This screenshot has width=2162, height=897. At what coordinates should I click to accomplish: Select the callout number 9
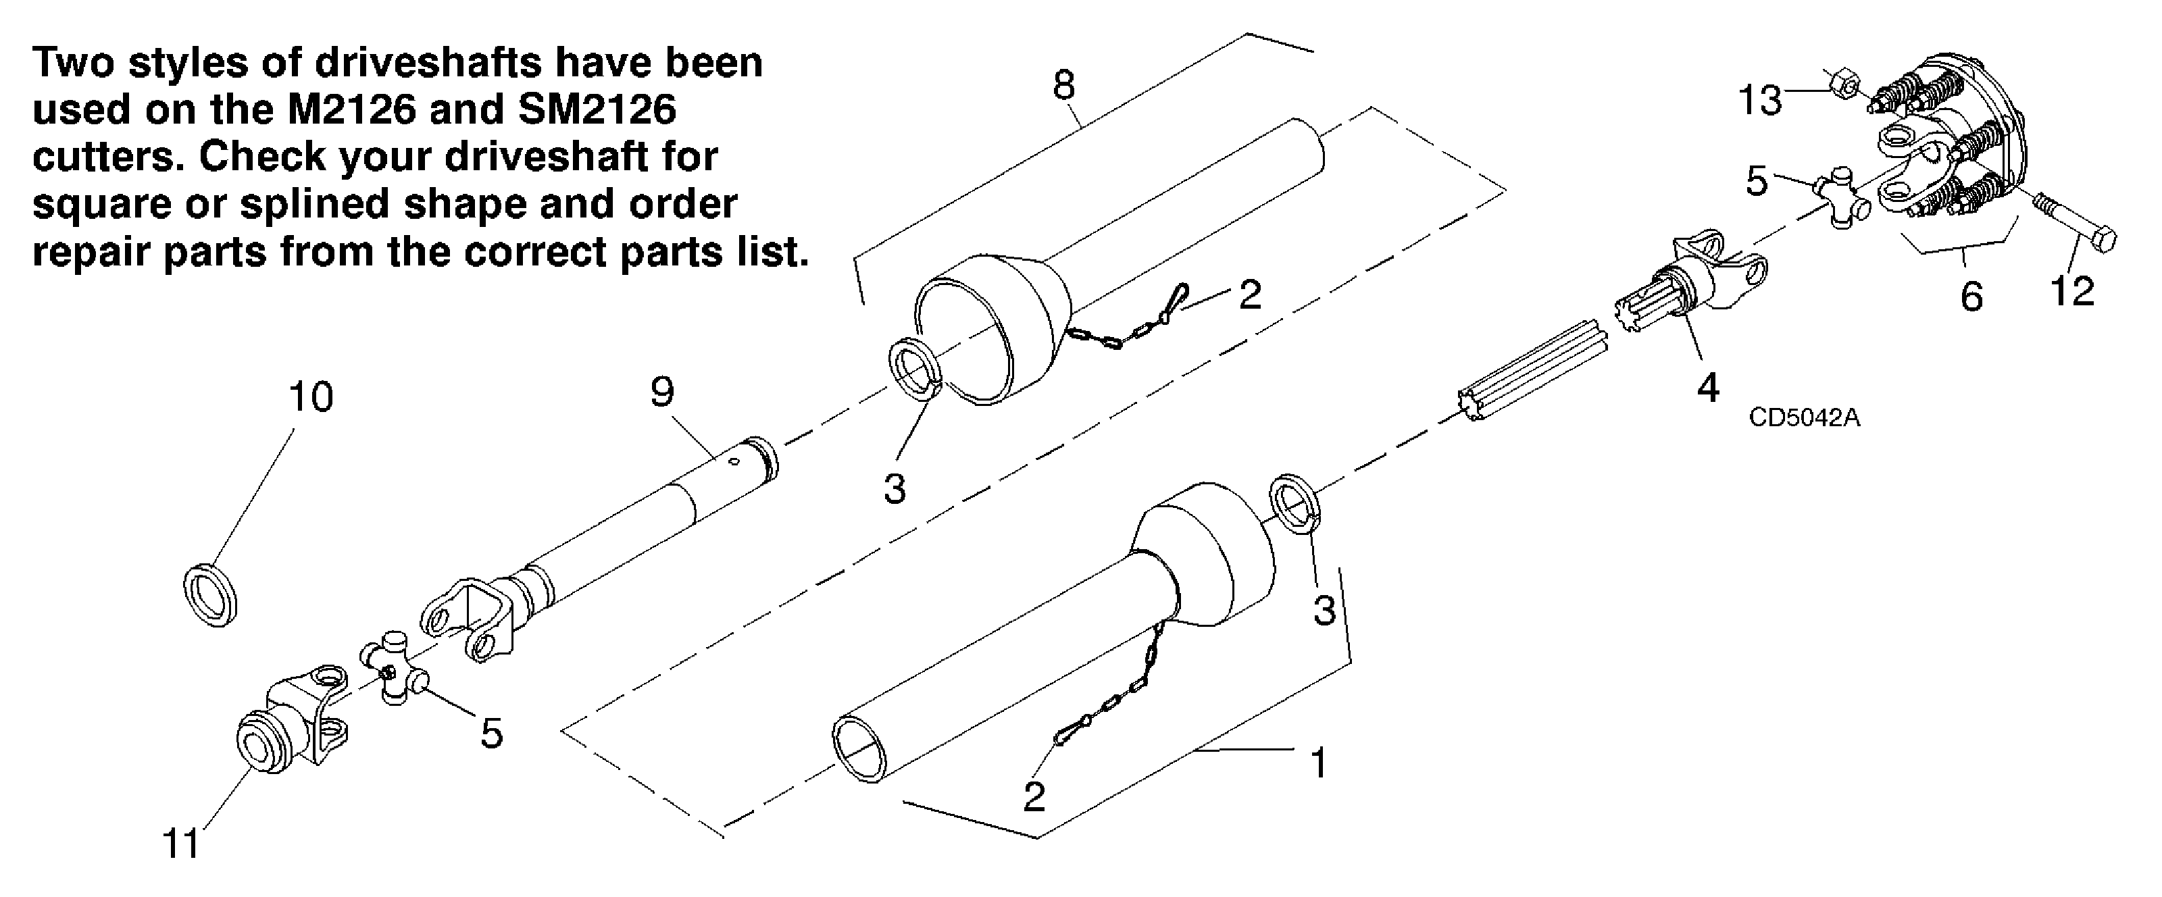point(662,392)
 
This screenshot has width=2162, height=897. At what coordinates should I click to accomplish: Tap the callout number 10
point(311,397)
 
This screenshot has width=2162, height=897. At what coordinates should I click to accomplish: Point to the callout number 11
point(181,843)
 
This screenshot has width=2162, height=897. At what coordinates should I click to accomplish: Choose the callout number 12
point(2072,291)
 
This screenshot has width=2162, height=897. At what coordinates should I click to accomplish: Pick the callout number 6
point(1971,297)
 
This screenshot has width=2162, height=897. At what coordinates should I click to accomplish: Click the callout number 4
point(1708,388)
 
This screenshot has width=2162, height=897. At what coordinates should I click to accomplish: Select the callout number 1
point(1319,763)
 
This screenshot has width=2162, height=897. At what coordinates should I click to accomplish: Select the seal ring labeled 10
point(210,596)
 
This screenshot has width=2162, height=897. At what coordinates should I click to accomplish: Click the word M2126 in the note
point(353,110)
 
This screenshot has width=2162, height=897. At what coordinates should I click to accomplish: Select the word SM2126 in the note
point(597,110)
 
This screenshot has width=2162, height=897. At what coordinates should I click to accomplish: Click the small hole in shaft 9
point(732,461)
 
